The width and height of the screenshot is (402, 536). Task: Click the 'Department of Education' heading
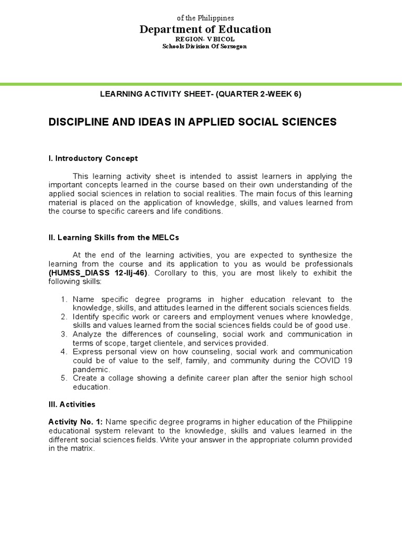pos(205,29)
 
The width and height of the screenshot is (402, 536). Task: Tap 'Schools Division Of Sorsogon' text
pos(205,47)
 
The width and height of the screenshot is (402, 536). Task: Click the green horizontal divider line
pos(201,83)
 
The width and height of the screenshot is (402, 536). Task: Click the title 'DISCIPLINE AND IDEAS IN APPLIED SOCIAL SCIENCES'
pos(192,122)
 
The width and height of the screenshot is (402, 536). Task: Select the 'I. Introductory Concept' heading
pos(93,158)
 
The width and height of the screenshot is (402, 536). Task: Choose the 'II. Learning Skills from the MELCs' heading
pos(114,237)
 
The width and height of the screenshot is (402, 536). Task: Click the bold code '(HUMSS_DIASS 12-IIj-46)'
pos(99,273)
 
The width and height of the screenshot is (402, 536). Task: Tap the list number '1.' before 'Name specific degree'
pos(64,299)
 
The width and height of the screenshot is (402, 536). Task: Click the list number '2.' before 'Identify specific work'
pos(64,317)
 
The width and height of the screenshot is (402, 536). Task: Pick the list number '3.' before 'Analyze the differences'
pos(64,334)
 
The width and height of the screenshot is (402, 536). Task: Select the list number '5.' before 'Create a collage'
pos(64,378)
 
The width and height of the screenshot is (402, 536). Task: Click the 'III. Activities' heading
pos(72,405)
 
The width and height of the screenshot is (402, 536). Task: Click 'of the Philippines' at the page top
pos(205,18)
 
